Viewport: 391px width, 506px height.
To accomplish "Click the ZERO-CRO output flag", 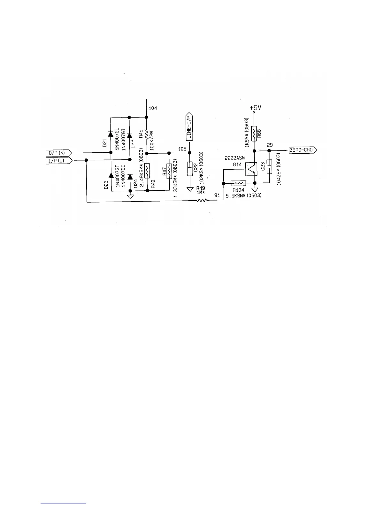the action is point(302,150).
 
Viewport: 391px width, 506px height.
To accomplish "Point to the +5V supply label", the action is point(255,108).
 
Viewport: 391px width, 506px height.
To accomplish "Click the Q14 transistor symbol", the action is point(251,169).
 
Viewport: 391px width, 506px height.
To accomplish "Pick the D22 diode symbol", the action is point(130,135).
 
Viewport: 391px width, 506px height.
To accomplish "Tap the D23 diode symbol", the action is point(111,175).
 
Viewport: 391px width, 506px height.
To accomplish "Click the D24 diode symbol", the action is point(130,176).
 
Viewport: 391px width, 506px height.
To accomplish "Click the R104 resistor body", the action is point(238,183).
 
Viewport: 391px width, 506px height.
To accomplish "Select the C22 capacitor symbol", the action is point(189,169).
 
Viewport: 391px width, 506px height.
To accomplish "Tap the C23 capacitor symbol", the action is point(269,167).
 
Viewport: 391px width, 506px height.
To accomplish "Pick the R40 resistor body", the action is point(147,171).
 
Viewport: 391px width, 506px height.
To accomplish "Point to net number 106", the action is point(182,149).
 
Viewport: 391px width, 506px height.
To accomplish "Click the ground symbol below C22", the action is point(189,189).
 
